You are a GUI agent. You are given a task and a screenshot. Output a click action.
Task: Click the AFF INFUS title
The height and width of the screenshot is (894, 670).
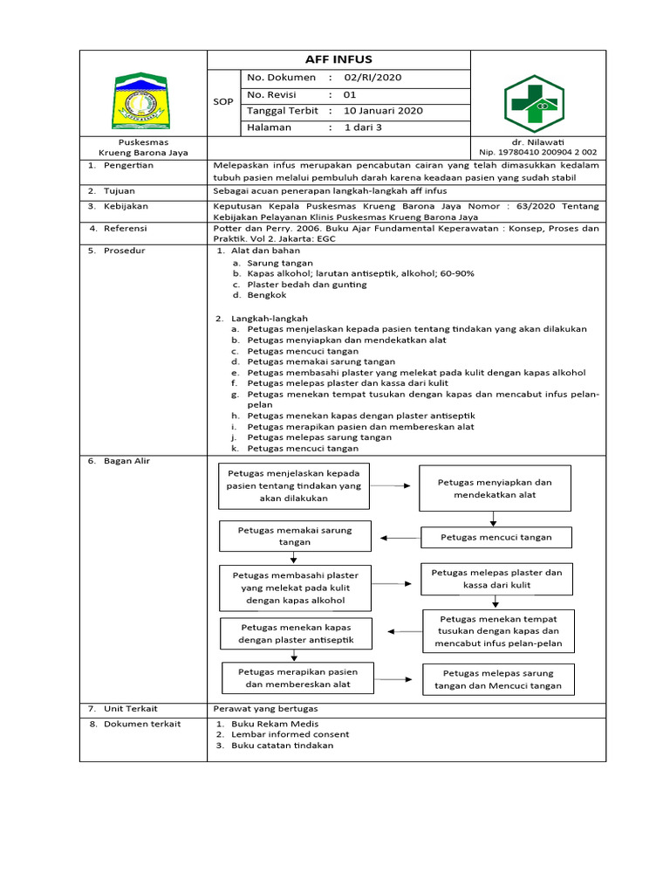(338, 59)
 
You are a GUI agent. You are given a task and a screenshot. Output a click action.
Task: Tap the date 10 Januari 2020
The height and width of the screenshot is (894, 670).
(383, 111)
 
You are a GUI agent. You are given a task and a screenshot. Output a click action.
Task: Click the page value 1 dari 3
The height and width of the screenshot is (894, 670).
(363, 127)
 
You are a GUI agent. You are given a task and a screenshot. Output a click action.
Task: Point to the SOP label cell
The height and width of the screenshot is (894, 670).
(223, 102)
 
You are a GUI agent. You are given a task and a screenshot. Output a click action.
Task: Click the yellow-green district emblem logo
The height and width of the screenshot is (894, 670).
(142, 102)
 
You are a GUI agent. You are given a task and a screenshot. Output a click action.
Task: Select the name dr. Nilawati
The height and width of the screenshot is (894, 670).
(538, 141)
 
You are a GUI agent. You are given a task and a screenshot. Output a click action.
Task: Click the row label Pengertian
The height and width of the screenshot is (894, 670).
(128, 165)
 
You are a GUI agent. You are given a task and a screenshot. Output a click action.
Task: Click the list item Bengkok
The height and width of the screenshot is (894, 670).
(266, 295)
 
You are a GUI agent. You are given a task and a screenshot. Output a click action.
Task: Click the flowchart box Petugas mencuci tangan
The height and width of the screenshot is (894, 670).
(496, 537)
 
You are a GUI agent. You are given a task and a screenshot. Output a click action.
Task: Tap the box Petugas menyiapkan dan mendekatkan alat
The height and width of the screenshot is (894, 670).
(495, 488)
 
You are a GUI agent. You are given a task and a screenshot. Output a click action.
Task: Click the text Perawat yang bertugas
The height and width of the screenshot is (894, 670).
(266, 708)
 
